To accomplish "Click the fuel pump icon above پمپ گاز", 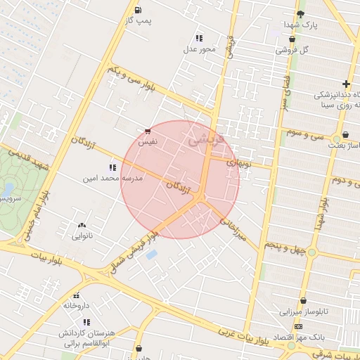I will pos(136,11).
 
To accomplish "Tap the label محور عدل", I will pos(199,49).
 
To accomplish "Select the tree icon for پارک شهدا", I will pos(301,14).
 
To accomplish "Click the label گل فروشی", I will pos(294,50).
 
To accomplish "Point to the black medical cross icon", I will pos(346,84).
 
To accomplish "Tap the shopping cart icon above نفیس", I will pos(147,131).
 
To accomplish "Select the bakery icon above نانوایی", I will pos(82,226).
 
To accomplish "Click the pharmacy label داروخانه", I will pos(77,306).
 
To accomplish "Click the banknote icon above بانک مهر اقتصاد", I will pos(299,327).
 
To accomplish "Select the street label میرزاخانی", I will pos(233,229).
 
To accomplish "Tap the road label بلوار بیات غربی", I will pos(243,336).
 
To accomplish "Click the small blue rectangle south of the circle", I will pos(151,255).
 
